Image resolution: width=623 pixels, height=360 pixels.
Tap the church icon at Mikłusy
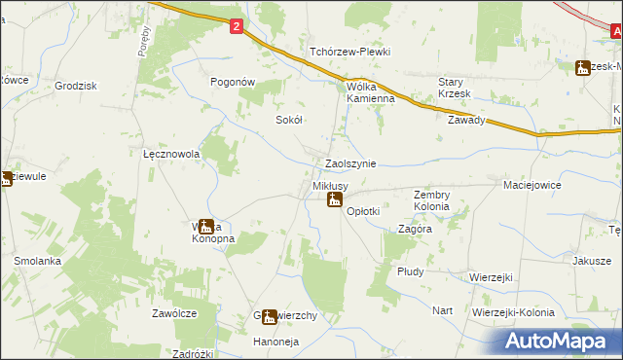point(334,200)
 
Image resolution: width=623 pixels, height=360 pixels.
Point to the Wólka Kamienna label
point(371,92)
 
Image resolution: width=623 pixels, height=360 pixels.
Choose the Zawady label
point(466,121)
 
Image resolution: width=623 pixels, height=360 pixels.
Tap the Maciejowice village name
point(533,184)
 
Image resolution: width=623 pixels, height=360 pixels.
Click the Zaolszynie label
point(350,164)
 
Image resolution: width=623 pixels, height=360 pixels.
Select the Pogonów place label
point(233,83)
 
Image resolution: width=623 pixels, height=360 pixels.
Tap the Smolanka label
point(38,261)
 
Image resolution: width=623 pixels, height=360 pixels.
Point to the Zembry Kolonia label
point(431,200)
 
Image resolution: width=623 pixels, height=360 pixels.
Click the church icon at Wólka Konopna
point(206,227)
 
